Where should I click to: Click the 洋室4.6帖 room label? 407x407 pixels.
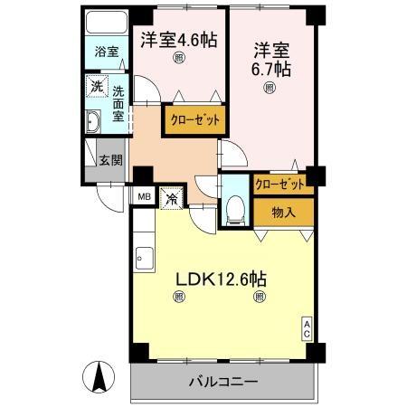(179, 40)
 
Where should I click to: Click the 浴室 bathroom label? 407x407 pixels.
(107, 52)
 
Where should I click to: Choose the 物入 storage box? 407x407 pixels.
(283, 213)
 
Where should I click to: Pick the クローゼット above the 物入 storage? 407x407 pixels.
(283, 185)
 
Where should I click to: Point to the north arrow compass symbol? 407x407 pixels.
(99, 374)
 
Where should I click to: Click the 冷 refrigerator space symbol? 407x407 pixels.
(172, 195)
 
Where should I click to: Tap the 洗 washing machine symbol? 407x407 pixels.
(97, 87)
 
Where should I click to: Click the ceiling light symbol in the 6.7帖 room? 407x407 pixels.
(270, 88)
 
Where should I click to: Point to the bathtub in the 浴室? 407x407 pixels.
(107, 24)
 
